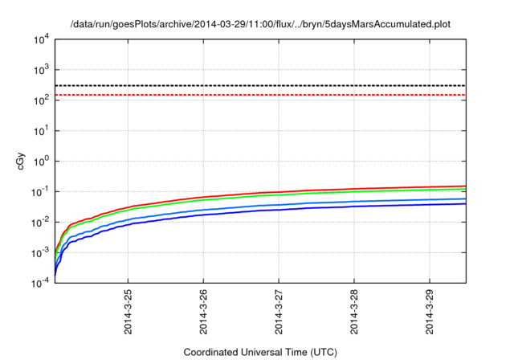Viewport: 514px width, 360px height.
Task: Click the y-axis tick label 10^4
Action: pos(41,38)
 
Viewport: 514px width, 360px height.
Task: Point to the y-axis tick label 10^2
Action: pos(41,99)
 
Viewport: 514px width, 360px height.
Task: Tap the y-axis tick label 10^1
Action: pos(41,130)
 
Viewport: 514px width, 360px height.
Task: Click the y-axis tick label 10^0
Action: pos(41,161)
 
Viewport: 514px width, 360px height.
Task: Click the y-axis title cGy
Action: pos(22,162)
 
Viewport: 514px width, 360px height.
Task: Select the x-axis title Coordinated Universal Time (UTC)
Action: pos(259,352)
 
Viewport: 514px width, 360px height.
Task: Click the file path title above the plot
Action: pos(260,23)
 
